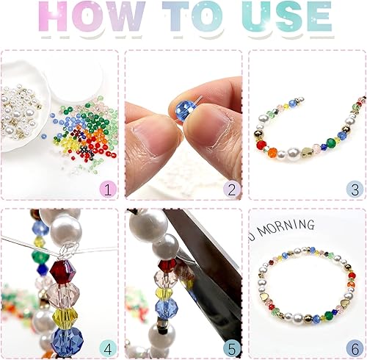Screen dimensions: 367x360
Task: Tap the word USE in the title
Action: (x=287, y=16)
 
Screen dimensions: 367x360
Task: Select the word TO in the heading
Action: (x=193, y=16)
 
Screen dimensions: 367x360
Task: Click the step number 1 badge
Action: (x=108, y=189)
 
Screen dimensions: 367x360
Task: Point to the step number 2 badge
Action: (x=232, y=189)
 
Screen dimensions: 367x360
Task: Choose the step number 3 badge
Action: (x=355, y=189)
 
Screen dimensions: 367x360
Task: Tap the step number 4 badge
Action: (x=108, y=348)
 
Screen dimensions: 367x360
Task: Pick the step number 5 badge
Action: (x=232, y=348)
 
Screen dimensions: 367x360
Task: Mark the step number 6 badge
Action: (x=355, y=348)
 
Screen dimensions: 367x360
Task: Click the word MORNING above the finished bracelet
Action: (x=286, y=227)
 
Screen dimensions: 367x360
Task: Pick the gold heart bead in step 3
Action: (x=307, y=152)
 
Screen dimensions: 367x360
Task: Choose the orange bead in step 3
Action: (x=272, y=152)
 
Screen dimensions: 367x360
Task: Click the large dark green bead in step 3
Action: (x=331, y=142)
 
